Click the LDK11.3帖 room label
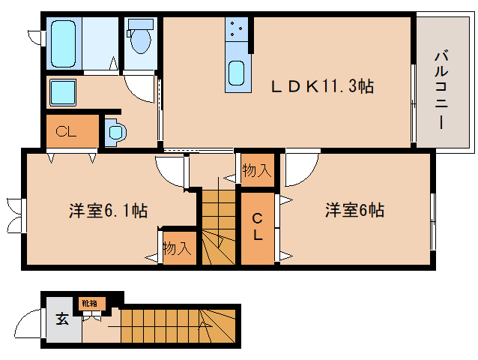click(x=322, y=87)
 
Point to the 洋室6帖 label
click(x=354, y=210)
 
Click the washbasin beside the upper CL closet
click(x=115, y=133)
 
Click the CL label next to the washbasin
click(x=67, y=133)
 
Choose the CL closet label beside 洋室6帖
click(x=257, y=227)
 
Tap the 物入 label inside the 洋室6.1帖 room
click(x=178, y=248)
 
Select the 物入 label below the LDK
click(x=256, y=171)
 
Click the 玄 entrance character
click(x=61, y=319)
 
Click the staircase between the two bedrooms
click(x=218, y=225)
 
